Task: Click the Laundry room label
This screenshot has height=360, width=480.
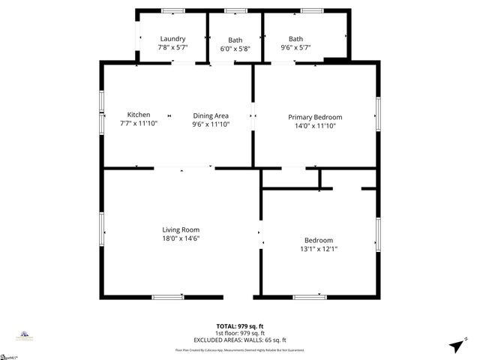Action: [x=172, y=39]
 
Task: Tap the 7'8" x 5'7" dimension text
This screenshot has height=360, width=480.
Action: [x=172, y=47]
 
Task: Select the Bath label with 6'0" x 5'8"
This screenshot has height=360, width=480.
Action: [x=235, y=40]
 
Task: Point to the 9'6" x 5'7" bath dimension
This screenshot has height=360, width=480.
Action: [x=296, y=47]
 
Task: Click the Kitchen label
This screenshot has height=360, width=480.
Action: [x=139, y=115]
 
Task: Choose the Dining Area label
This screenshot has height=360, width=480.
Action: [x=211, y=115]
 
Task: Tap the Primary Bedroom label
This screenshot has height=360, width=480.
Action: [x=315, y=117]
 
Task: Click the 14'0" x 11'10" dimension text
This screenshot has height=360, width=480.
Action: [x=315, y=126]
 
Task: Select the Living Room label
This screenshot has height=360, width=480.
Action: [x=181, y=229]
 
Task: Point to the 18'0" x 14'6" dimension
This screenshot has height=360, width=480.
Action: [x=181, y=238]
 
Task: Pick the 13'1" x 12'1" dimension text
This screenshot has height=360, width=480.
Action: [x=319, y=249]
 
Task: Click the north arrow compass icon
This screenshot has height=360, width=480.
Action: [x=454, y=346]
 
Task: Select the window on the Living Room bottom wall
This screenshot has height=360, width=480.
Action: [x=167, y=297]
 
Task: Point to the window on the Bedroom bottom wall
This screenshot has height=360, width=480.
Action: [x=310, y=297]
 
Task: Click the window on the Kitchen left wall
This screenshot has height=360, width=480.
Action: [x=102, y=111]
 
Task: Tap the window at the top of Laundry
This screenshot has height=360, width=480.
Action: [x=174, y=10]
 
